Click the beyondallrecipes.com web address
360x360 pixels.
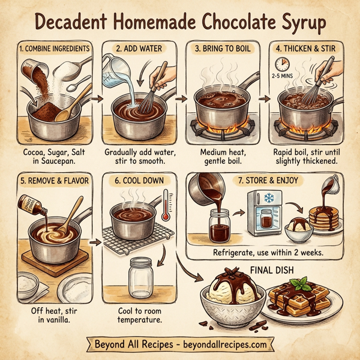click(220, 346)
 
